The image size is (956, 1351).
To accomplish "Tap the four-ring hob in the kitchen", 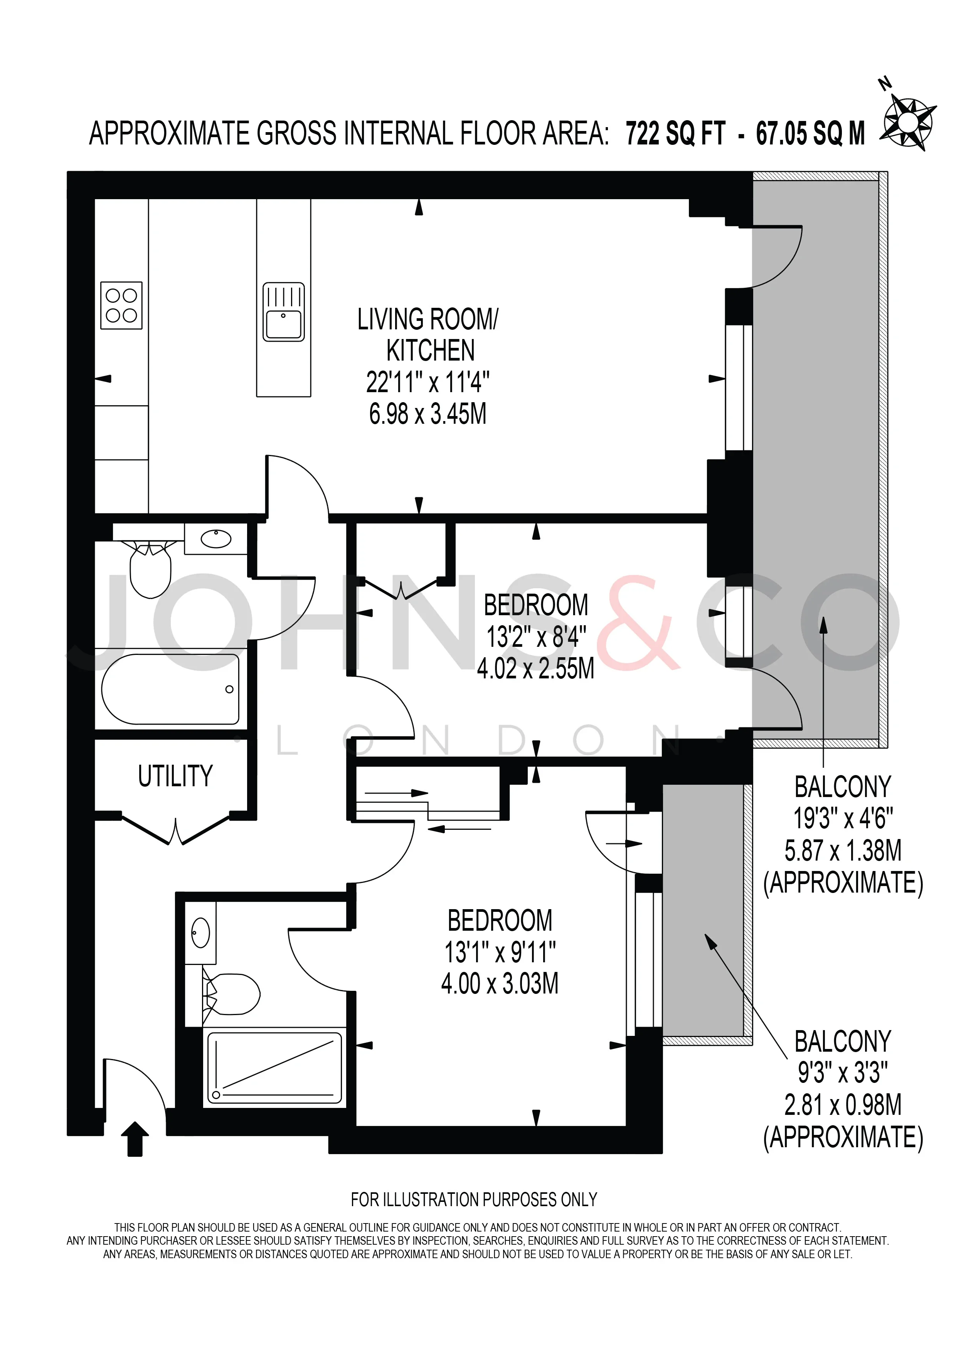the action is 121,305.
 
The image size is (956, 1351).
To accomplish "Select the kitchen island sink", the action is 284,312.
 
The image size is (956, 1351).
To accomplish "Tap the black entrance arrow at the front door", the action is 135,1139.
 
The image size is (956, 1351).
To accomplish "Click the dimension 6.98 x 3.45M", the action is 428,414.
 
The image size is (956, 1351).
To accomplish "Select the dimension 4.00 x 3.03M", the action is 500,983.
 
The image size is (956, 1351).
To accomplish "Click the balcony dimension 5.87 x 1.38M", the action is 843,850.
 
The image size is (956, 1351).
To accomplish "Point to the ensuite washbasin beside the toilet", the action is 201,933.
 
